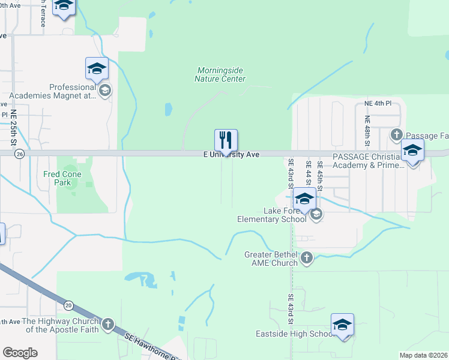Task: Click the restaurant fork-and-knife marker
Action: point(226,140)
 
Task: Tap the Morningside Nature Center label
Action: point(221,74)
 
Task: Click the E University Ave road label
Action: point(231,155)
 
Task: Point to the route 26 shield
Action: point(20,154)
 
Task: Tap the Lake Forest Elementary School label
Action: point(285,215)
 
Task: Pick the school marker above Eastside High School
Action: point(342,325)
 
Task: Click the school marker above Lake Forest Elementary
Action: point(304,199)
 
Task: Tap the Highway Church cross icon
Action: point(107,325)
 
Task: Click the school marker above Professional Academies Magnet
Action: point(96,69)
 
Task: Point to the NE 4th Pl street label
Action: point(378,103)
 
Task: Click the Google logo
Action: point(20,353)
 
